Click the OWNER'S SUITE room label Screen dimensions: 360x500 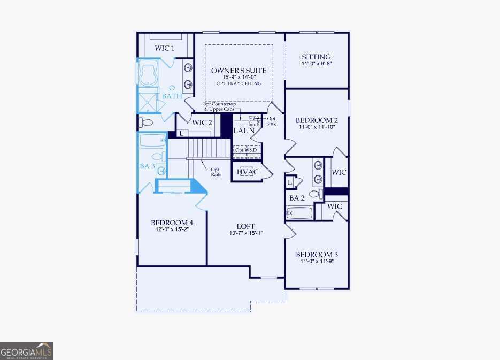[239, 70]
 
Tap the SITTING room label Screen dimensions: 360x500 [316, 57]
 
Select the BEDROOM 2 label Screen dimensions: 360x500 [317, 120]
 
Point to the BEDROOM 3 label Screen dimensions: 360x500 [317, 255]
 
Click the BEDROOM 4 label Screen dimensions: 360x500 [172, 223]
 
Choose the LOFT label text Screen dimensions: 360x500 [246, 226]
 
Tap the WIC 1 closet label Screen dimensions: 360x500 [165, 48]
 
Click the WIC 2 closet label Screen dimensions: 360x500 [202, 122]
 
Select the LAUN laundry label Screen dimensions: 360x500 [244, 131]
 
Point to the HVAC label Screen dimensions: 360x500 [248, 172]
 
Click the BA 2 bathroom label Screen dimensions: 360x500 [297, 198]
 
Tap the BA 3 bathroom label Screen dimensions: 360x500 [148, 166]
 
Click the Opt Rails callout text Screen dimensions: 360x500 [216, 172]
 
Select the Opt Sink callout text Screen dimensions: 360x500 [271, 121]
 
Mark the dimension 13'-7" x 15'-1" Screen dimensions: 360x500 [246, 233]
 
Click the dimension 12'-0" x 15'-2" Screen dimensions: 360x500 [172, 229]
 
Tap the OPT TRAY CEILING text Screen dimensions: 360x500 [239, 83]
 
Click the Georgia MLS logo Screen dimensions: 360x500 [27, 351]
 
